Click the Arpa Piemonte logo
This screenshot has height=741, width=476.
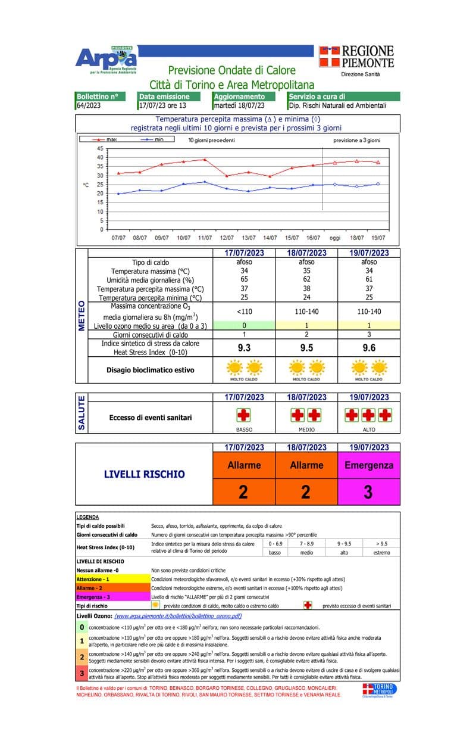pyautogui.click(x=106, y=60)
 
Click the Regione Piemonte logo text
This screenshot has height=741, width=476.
pyautogui.click(x=356, y=57)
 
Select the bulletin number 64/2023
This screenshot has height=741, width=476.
pyautogui.click(x=89, y=105)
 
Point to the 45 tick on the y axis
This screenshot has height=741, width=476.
pyautogui.click(x=99, y=148)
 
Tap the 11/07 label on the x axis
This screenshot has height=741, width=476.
pyautogui.click(x=205, y=238)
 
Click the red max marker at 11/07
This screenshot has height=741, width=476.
pyautogui.click(x=205, y=160)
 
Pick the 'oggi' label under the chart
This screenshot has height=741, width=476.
pyautogui.click(x=336, y=238)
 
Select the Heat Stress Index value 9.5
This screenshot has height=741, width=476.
pyautogui.click(x=306, y=348)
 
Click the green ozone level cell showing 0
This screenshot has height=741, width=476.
pyautogui.click(x=244, y=326)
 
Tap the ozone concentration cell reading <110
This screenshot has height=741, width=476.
pyautogui.click(x=244, y=312)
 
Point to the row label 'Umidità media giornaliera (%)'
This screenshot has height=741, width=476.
pyautogui.click(x=151, y=280)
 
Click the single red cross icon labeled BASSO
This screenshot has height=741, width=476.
pyautogui.click(x=244, y=415)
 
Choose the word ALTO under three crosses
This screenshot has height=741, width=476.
pyautogui.click(x=368, y=429)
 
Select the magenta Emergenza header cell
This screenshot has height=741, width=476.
pyautogui.click(x=368, y=465)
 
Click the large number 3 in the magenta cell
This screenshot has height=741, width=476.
pyautogui.click(x=368, y=492)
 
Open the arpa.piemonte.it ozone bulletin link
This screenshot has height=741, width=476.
pyautogui.click(x=178, y=616)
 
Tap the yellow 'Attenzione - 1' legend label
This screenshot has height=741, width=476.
pyautogui.click(x=93, y=579)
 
